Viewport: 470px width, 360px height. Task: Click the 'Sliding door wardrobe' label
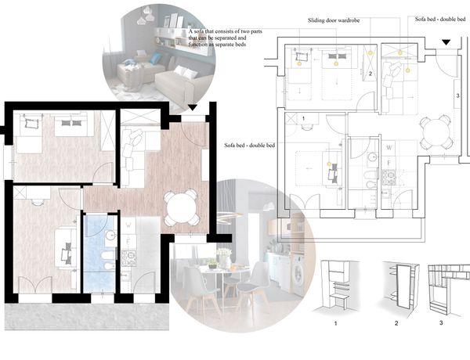click(334, 20)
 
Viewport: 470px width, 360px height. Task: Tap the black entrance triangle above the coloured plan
click(193, 107)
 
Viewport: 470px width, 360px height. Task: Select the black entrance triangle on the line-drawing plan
click(446, 42)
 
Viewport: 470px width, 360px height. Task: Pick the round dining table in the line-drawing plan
click(436, 131)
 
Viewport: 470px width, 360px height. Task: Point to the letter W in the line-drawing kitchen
click(389, 147)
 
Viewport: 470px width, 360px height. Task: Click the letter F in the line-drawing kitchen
click(389, 163)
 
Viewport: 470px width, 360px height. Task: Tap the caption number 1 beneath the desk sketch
click(336, 323)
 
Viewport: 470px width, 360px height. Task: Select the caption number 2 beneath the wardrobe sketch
click(396, 323)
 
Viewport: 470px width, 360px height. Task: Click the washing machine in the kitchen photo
click(298, 274)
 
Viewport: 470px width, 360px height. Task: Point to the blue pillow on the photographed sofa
click(155, 58)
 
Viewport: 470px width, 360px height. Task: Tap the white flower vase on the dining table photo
click(223, 261)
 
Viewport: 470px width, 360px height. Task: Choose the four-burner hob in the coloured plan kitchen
click(129, 258)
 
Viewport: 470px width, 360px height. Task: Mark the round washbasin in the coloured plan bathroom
click(111, 235)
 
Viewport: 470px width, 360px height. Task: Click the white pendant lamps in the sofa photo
click(146, 16)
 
